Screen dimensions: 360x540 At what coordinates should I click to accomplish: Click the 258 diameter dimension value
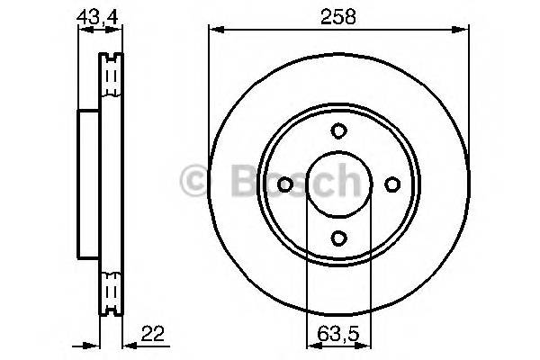[x=337, y=15]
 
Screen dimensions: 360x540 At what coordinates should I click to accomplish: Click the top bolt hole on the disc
[x=337, y=131]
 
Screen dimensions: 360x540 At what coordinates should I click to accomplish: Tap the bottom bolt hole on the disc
[x=337, y=238]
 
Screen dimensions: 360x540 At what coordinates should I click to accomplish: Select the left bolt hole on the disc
[x=284, y=184]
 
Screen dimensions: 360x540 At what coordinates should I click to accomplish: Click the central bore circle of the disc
[x=337, y=184]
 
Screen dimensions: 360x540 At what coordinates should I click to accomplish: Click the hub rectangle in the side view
[x=87, y=184]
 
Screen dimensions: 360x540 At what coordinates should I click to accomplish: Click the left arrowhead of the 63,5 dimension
[x=310, y=346]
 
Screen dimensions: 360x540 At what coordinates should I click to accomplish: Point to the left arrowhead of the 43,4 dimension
[x=83, y=30]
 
